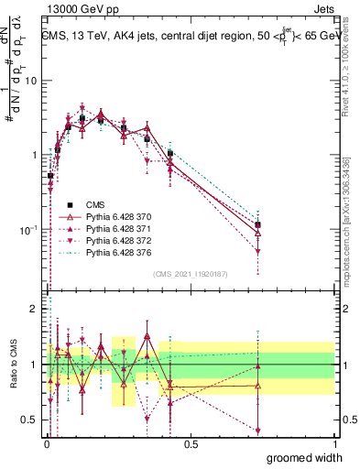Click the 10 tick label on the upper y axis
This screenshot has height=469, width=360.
pyautogui.click(x=31, y=81)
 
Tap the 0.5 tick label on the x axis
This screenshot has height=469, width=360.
pyautogui.click(x=191, y=443)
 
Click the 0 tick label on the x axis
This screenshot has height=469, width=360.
pyautogui.click(x=46, y=443)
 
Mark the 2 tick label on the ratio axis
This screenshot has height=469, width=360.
pyautogui.click(x=33, y=309)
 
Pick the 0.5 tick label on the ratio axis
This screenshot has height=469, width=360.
pyautogui.click(x=29, y=420)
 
